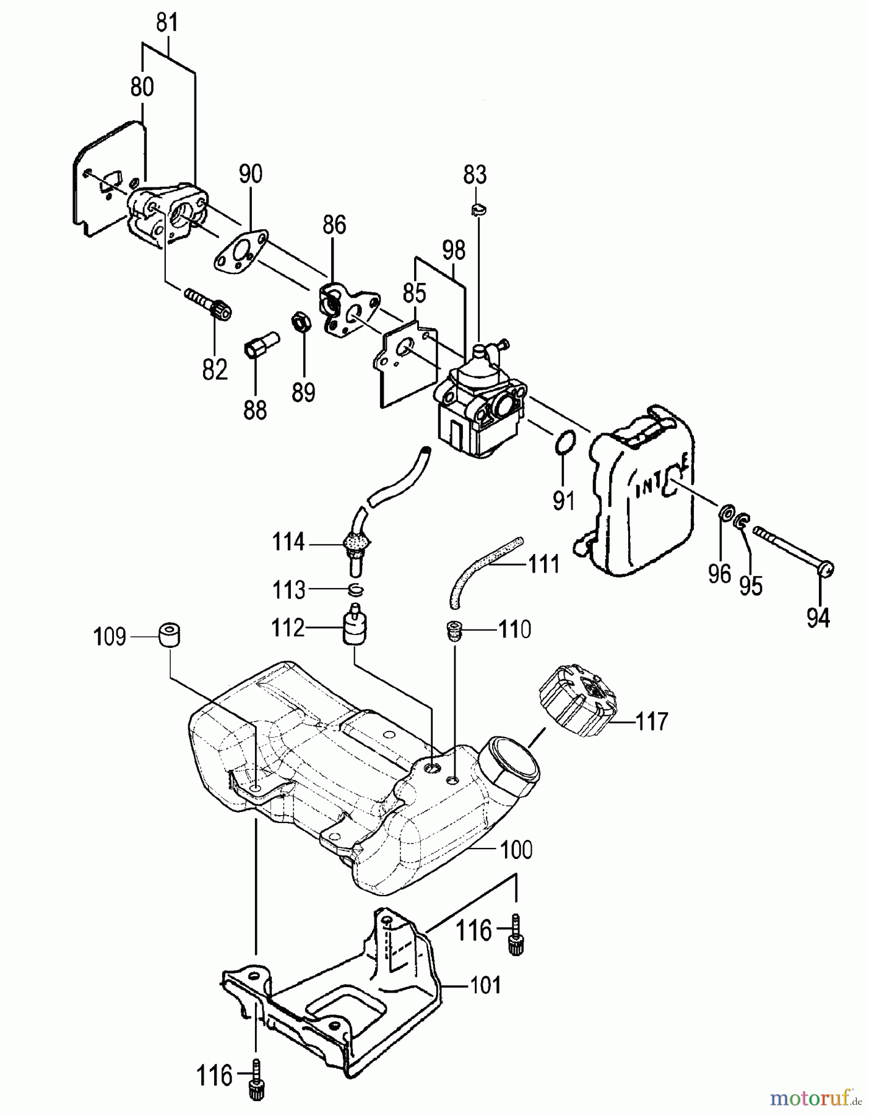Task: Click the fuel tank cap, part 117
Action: click(x=577, y=701)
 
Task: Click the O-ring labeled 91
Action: click(x=565, y=444)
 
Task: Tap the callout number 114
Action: click(x=288, y=543)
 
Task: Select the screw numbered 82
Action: click(x=210, y=304)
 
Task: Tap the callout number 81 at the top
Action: click(x=166, y=23)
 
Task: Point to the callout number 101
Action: click(x=485, y=984)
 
